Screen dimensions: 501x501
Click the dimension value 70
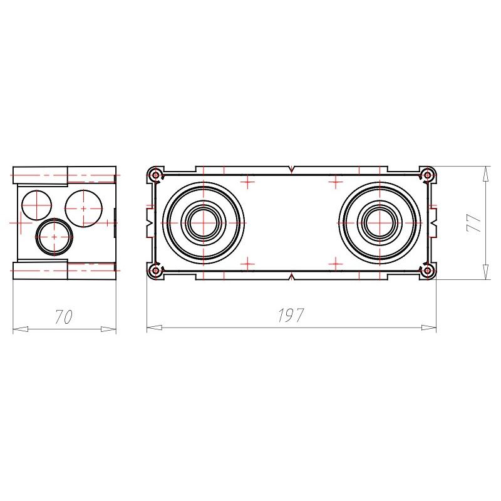[64, 316]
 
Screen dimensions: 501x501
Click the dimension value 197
[291, 315]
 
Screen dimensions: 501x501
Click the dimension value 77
[474, 222]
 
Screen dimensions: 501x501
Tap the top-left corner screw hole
[156, 175]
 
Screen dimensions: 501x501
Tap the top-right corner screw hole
[427, 175]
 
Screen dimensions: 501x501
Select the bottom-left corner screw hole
[156, 271]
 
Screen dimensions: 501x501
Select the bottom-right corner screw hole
[427, 271]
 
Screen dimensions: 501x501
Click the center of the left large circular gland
[204, 223]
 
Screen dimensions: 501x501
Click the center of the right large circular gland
[380, 223]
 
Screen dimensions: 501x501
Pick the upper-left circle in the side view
[37, 205]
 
